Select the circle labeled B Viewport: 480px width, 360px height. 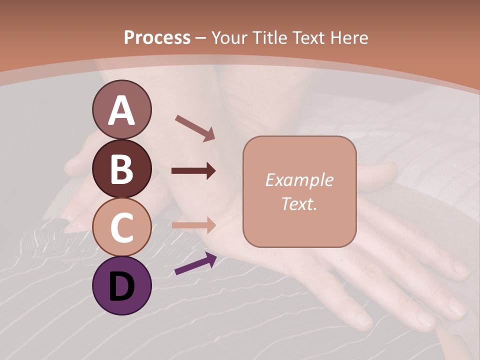pyautogui.click(x=122, y=168)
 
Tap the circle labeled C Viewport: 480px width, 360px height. pyautogui.click(x=122, y=227)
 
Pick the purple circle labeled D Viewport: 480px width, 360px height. pyautogui.click(x=122, y=285)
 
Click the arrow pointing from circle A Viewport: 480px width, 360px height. pyautogui.click(x=195, y=127)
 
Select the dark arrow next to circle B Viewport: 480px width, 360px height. pyautogui.click(x=193, y=171)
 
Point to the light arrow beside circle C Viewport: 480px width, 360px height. pyautogui.click(x=193, y=225)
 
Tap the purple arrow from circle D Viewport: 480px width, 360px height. pyautogui.click(x=195, y=264)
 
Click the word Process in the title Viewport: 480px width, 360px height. pyautogui.click(x=157, y=37)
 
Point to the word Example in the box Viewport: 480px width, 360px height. pyautogui.click(x=299, y=180)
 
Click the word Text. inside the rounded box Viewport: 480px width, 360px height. pyautogui.click(x=299, y=203)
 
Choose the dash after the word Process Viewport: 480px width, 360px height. pyautogui.click(x=201, y=38)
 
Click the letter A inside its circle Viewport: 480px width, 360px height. pyautogui.click(x=122, y=110)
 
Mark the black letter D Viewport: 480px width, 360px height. pyautogui.click(x=122, y=286)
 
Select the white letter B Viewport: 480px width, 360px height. pyautogui.click(x=122, y=169)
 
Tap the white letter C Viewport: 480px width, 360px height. pyautogui.click(x=122, y=227)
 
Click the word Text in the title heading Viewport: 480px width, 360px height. pyautogui.click(x=310, y=37)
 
